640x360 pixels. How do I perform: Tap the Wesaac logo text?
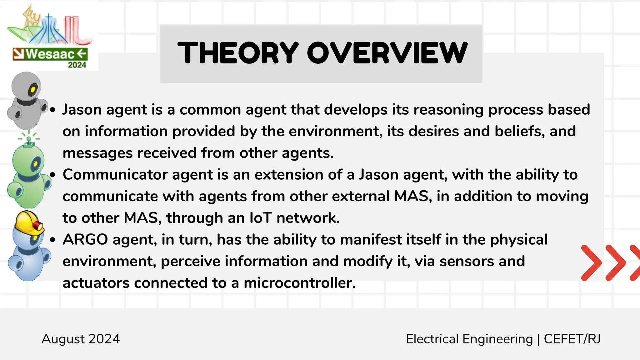click(x=50, y=54)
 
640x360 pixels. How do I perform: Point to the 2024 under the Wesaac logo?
click(x=77, y=65)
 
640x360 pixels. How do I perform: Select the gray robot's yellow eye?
click(x=33, y=91)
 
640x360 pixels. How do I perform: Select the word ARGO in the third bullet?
click(x=85, y=240)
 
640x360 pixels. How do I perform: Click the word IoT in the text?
click(x=261, y=218)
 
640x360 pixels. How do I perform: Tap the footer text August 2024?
click(x=81, y=339)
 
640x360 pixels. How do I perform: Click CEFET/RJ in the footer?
click(x=572, y=339)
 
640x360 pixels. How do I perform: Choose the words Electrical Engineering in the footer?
click(x=469, y=339)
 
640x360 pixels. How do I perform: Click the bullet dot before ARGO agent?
click(x=52, y=240)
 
